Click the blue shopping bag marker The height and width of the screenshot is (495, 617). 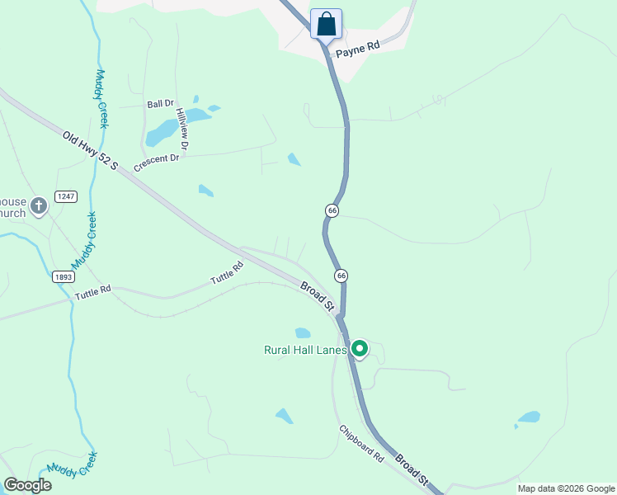326,23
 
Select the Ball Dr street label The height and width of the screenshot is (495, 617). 160,104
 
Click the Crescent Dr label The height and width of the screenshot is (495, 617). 156,158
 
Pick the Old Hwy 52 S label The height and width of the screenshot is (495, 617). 91,149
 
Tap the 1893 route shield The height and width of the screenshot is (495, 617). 63,277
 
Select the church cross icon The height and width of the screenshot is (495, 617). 39,205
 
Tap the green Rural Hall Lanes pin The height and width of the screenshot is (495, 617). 359,349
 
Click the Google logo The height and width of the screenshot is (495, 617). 27,485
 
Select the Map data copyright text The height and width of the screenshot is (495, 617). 567,488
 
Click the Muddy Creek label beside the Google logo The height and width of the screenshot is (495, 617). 73,465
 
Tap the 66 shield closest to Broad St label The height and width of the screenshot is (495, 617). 341,275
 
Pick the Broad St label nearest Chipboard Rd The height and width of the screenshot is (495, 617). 412,469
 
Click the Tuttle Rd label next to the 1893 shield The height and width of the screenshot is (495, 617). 92,293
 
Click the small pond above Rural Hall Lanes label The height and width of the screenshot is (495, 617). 303,333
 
